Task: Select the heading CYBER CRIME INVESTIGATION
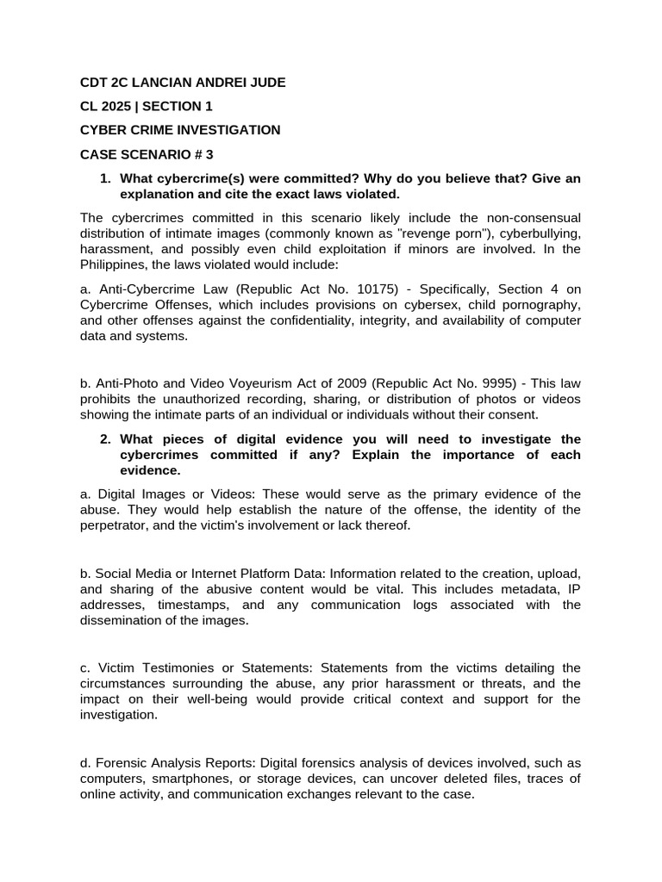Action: [x=180, y=130]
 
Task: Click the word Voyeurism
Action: [x=244, y=383]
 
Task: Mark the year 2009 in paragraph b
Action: [x=329, y=383]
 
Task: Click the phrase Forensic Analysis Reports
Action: [x=176, y=763]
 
